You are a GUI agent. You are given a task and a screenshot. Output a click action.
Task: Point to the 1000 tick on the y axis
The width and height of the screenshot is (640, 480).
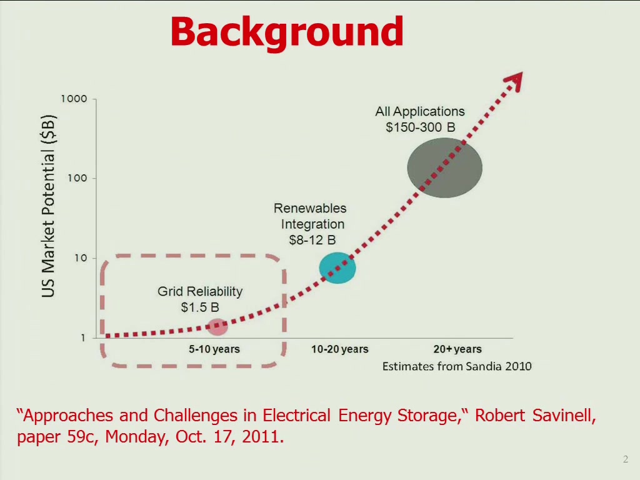click(74, 99)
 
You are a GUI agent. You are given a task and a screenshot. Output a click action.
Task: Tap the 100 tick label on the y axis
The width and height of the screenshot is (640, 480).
click(77, 178)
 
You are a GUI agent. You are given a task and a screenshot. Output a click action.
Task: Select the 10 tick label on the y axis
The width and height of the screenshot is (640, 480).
click(81, 258)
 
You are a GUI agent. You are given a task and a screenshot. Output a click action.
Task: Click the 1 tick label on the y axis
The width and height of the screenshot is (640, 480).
click(83, 337)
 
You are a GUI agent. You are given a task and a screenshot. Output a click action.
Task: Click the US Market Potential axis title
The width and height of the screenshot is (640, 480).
click(48, 206)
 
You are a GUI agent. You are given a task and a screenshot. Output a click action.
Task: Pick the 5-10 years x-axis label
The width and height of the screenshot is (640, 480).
click(214, 349)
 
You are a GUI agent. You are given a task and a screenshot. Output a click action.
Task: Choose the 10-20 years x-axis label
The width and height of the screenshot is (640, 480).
click(340, 349)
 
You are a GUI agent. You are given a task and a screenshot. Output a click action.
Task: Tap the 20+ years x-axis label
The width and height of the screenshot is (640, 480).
click(457, 349)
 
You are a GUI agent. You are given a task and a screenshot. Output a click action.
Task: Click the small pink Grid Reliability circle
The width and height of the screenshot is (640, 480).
click(217, 327)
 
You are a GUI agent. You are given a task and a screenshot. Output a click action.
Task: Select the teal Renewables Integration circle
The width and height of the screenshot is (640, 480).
click(337, 267)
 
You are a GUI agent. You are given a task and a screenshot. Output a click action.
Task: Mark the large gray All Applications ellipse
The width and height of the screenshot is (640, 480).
click(445, 167)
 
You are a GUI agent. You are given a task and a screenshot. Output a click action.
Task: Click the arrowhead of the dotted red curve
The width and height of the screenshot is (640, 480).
click(514, 81)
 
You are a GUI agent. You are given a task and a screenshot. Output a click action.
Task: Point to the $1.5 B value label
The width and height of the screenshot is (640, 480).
click(200, 307)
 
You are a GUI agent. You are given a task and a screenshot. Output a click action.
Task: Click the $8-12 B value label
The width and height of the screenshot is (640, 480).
click(312, 240)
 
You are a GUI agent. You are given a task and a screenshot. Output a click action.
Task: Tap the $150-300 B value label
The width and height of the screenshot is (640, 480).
click(421, 127)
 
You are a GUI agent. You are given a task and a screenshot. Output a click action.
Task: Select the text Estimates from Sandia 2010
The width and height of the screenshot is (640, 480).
click(457, 366)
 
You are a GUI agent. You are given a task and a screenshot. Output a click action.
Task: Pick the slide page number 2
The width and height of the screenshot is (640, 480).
click(626, 459)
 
